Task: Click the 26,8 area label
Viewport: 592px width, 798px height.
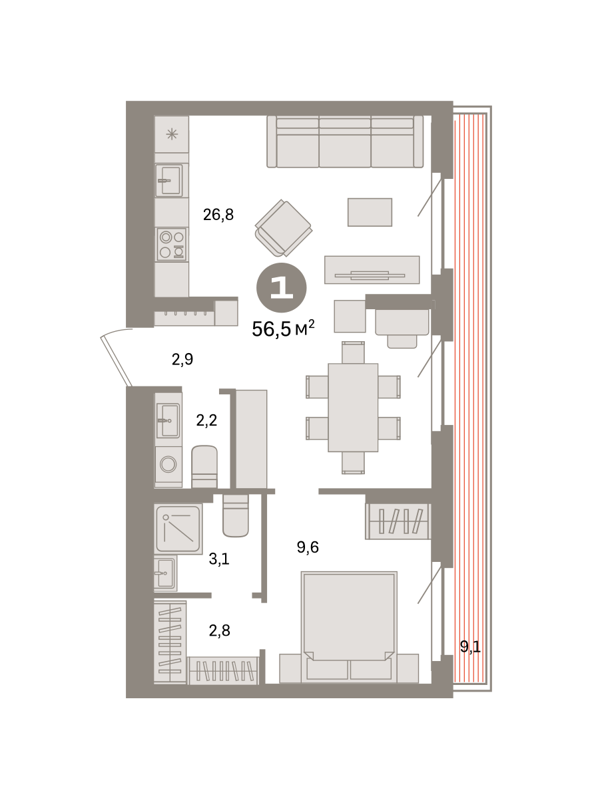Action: [x=218, y=215]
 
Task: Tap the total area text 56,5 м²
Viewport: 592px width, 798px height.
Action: [x=283, y=328]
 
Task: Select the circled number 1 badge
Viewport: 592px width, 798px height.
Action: [x=282, y=287]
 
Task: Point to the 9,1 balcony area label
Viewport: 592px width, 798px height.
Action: [x=470, y=646]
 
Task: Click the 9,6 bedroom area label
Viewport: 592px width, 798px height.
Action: [x=308, y=547]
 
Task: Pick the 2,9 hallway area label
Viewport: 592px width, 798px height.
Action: [x=182, y=359]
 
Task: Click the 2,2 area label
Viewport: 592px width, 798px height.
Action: [x=206, y=420]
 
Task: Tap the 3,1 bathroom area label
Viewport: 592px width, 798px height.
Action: [x=219, y=559]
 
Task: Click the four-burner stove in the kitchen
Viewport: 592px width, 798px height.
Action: [x=172, y=244]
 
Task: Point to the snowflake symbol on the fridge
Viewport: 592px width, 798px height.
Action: [x=172, y=134]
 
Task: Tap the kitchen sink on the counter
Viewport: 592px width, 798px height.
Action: [x=169, y=180]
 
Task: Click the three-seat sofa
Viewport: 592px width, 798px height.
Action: [x=345, y=142]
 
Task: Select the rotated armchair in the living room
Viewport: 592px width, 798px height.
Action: [x=284, y=228]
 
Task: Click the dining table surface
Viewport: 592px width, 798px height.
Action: [x=353, y=407]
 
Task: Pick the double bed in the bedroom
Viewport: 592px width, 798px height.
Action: [x=349, y=626]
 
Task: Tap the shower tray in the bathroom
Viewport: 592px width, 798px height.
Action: [x=178, y=529]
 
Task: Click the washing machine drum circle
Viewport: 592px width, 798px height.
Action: [x=168, y=464]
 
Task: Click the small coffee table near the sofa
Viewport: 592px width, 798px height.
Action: [x=370, y=212]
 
